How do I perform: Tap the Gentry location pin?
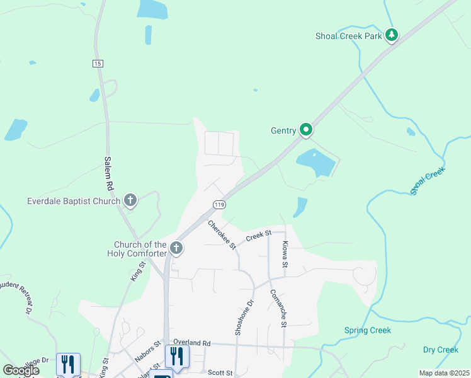[x=306, y=130]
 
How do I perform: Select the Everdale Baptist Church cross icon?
[x=130, y=201]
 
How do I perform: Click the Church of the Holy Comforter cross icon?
[x=176, y=248]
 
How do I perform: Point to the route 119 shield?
[x=219, y=205]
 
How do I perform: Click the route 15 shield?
[x=97, y=64]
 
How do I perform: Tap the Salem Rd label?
[x=108, y=174]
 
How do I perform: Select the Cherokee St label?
[x=221, y=234]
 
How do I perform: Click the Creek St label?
[x=258, y=236]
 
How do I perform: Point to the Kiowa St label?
[x=285, y=254]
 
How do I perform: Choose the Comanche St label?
[x=278, y=308]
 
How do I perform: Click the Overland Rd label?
[x=191, y=343]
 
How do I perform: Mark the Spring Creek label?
[x=368, y=330]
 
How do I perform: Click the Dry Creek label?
[x=440, y=350]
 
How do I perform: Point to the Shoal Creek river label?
[x=428, y=181]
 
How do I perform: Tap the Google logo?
[x=21, y=370]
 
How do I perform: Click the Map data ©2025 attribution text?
[x=444, y=373]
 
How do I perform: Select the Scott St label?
[x=220, y=373]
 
